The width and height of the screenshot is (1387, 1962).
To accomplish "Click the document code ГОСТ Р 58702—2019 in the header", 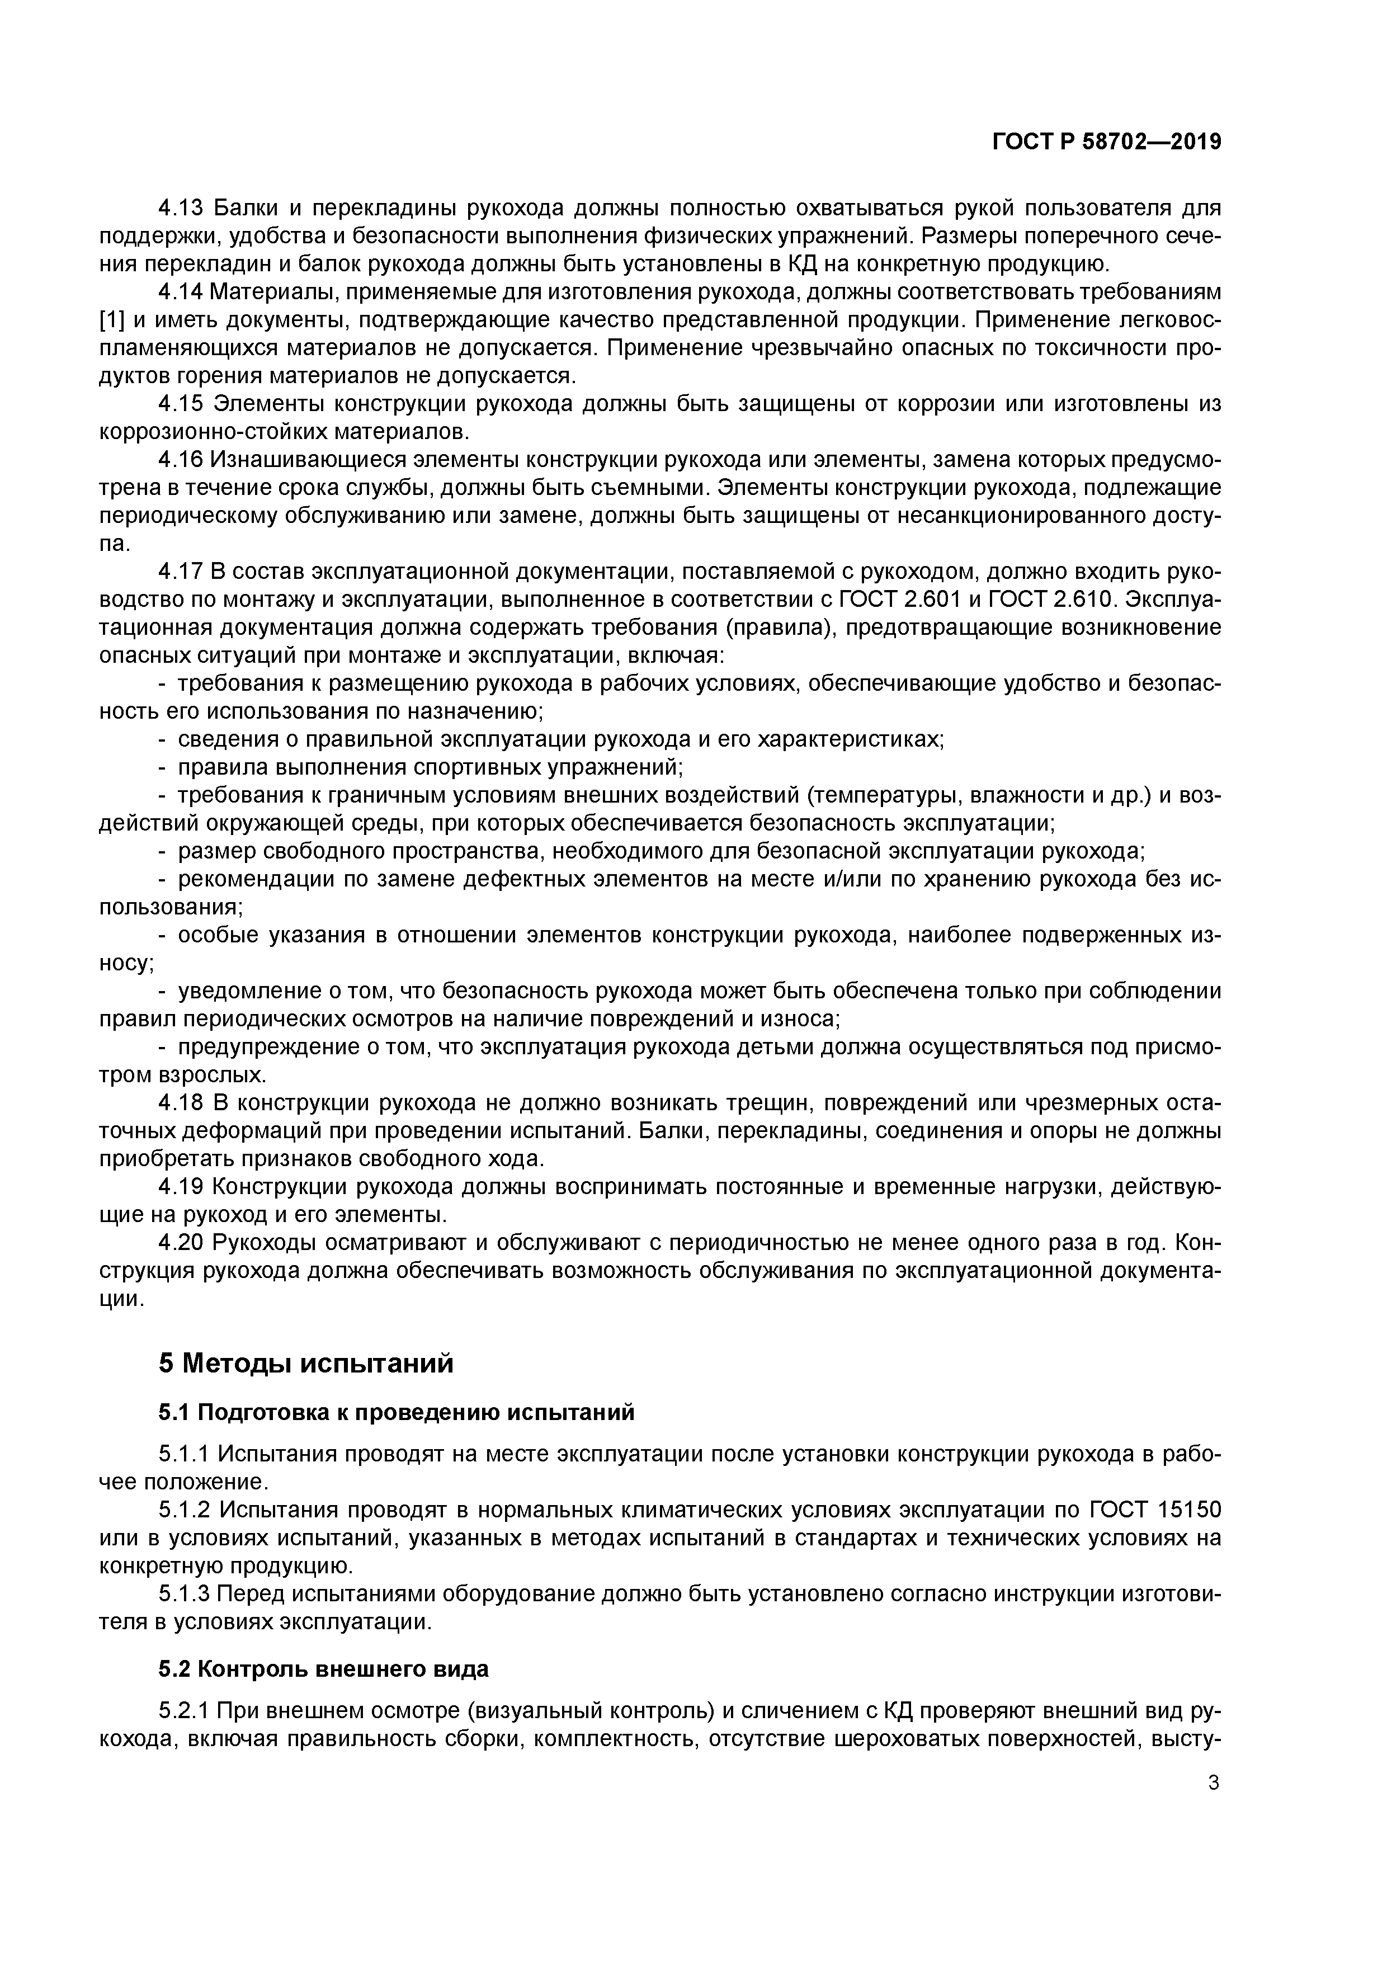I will [x=1107, y=142].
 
